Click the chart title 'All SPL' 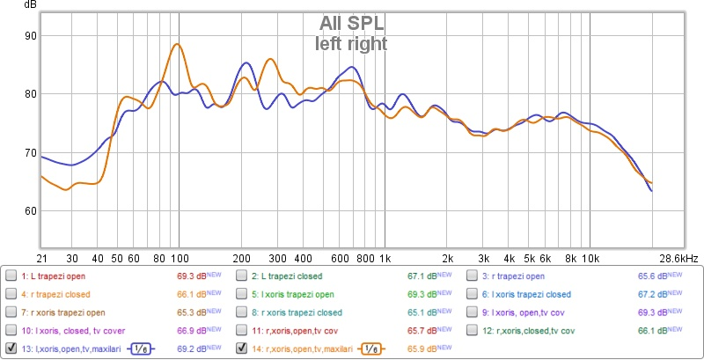(x=351, y=24)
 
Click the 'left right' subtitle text (x=351, y=41)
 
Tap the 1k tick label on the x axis (x=384, y=258)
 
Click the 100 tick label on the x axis (x=179, y=258)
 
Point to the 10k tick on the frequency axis (x=590, y=258)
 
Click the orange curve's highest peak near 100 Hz (x=177, y=44)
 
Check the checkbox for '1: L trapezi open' (x=11, y=276)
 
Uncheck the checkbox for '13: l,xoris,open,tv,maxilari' (x=11, y=349)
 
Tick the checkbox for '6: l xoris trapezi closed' (x=473, y=294)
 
